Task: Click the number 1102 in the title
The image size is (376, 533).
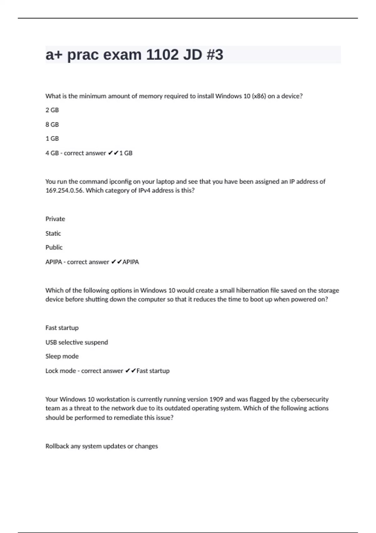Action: pos(162,55)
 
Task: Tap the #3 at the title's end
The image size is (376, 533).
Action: pos(215,55)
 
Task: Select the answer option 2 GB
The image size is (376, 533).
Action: pos(52,110)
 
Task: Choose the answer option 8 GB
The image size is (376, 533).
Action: pos(52,124)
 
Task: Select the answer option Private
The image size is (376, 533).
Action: pos(55,219)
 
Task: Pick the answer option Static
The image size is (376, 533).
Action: pos(53,233)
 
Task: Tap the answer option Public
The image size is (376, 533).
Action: pos(54,247)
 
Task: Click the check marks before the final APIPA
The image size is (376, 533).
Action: pos(116,262)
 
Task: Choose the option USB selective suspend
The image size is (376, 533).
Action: pos(76,342)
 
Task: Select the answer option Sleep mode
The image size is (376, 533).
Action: pos(62,356)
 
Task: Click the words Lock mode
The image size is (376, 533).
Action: pos(60,371)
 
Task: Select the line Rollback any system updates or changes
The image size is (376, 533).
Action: pos(102,446)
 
